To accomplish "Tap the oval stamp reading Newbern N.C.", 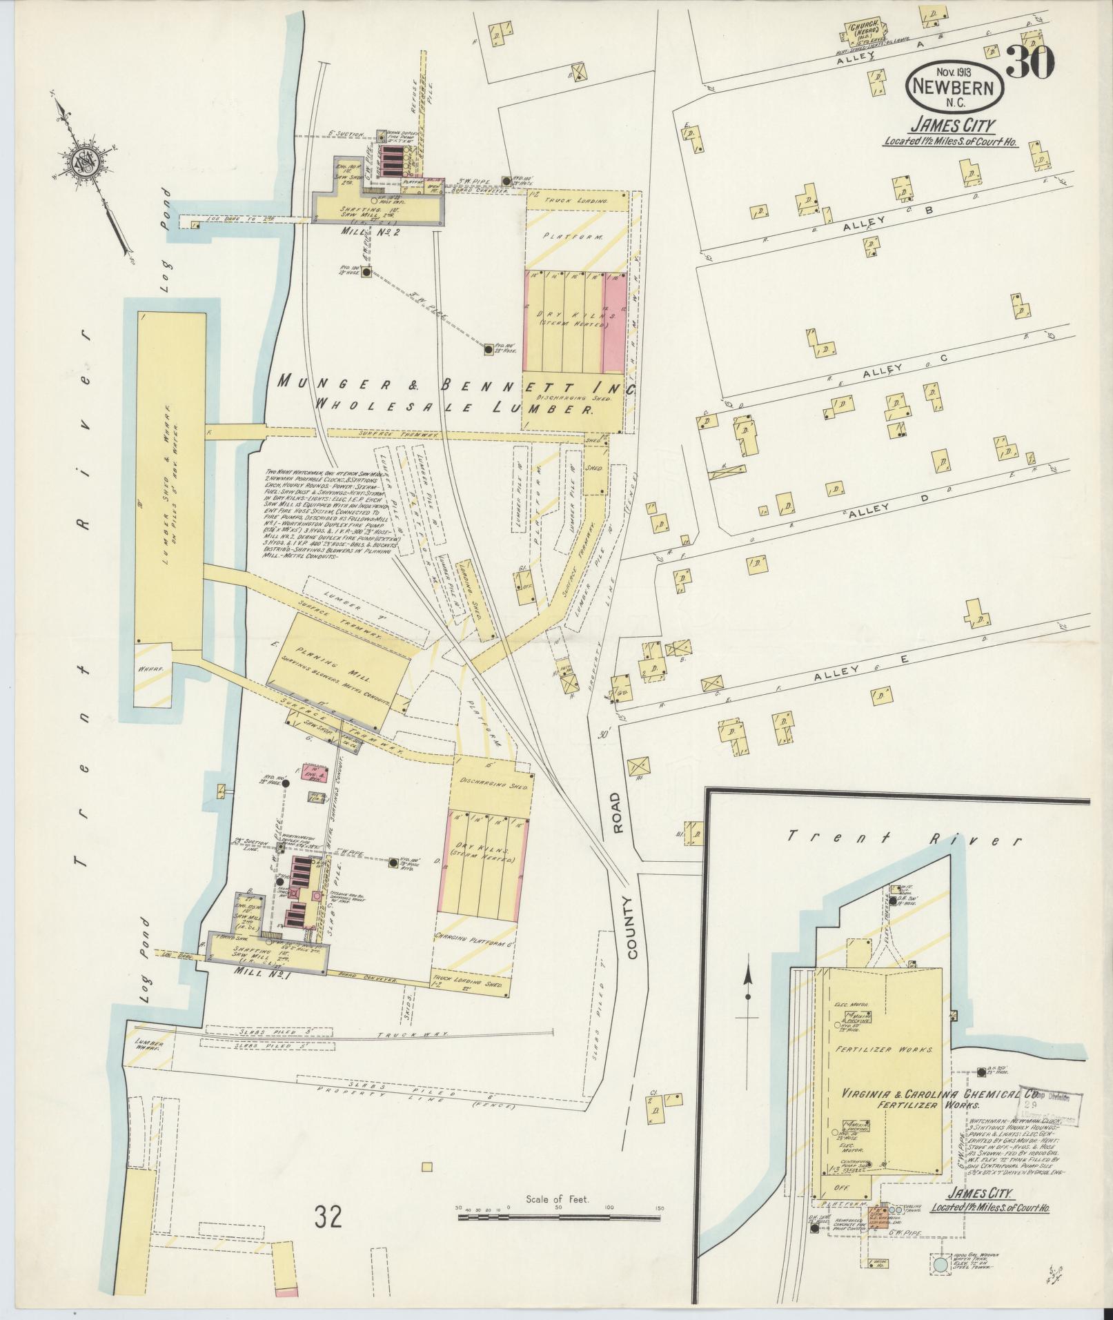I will pyautogui.click(x=955, y=88).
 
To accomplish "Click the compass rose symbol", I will pyautogui.click(x=88, y=163).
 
